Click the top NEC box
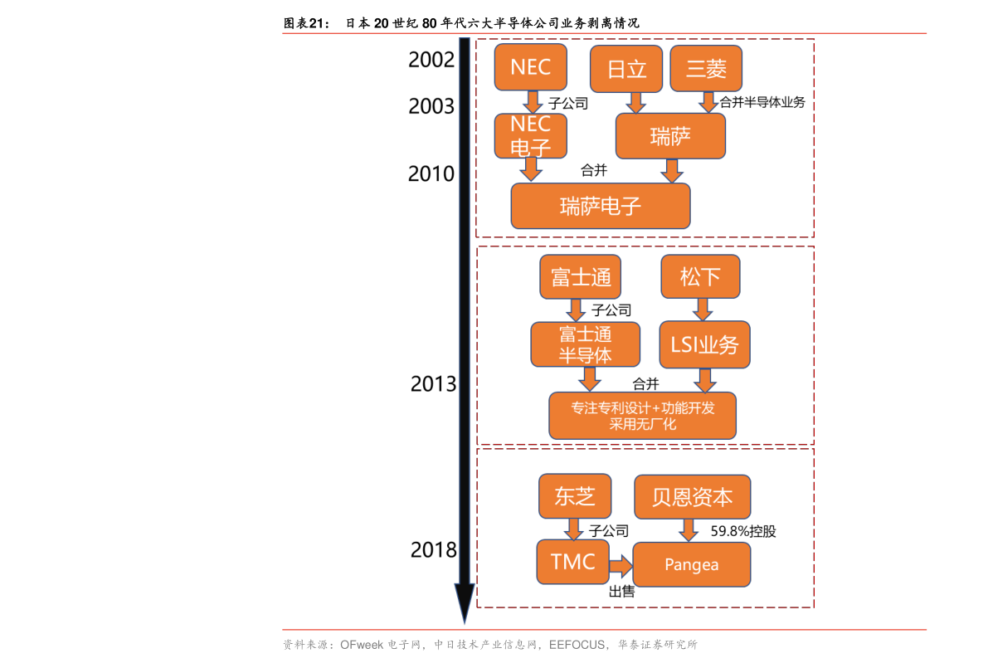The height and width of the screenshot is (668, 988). (531, 67)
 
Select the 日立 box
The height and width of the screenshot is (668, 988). (626, 69)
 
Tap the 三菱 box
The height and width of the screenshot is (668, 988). (706, 69)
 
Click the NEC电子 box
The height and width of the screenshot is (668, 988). (531, 136)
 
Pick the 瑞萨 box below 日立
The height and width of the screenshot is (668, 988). (670, 136)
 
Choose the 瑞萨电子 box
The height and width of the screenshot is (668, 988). (601, 206)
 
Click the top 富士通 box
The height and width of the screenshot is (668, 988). (580, 277)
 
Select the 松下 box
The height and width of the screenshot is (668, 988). (700, 277)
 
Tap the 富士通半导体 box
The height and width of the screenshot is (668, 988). (586, 344)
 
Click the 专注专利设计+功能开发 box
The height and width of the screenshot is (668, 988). (642, 416)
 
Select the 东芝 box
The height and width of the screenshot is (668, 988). (575, 496)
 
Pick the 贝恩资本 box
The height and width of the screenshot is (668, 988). (692, 497)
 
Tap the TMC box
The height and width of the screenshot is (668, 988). (572, 562)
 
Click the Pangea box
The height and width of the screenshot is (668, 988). (692, 565)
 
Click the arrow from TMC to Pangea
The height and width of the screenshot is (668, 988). (621, 567)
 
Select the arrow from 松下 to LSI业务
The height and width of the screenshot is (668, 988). (702, 310)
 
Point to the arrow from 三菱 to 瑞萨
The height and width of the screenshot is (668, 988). (708, 102)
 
